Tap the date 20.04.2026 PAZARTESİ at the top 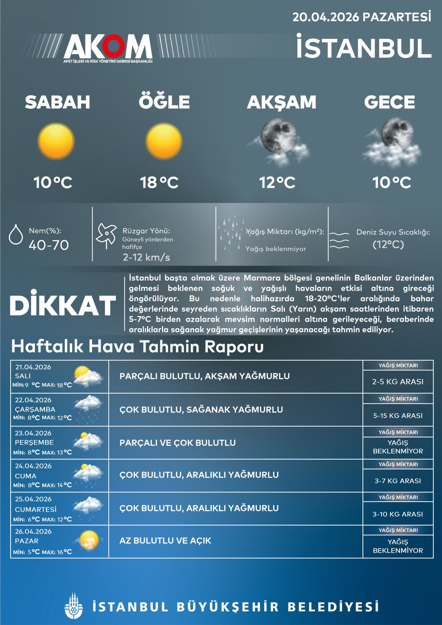(362, 17)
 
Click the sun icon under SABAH (56, 141)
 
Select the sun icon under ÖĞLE (164, 141)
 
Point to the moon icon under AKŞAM (278, 136)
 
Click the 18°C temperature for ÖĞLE (159, 182)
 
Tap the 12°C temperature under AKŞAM (277, 182)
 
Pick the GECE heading (389, 102)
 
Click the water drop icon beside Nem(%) (16, 234)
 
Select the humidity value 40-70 (49, 245)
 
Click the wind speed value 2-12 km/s (146, 257)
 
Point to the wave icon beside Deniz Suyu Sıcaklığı (339, 240)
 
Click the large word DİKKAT (63, 305)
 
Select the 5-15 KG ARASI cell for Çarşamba (398, 415)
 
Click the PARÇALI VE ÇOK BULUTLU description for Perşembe (178, 443)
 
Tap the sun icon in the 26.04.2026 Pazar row (89, 540)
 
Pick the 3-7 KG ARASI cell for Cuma (398, 481)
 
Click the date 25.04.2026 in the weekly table (33, 499)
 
